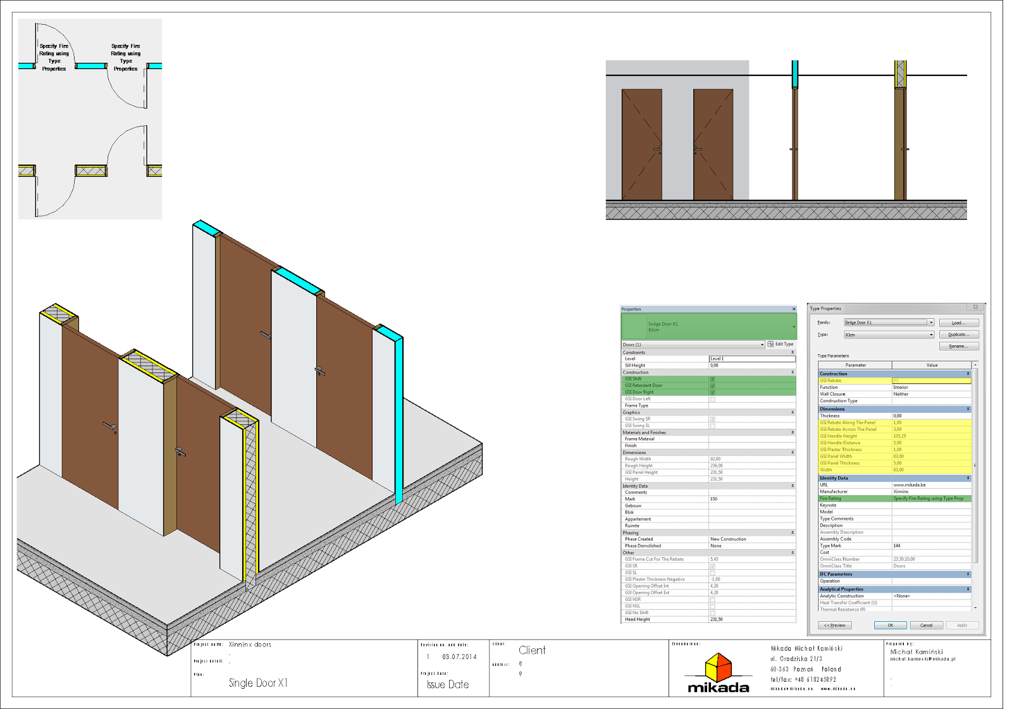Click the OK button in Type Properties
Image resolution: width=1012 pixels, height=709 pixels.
(x=890, y=625)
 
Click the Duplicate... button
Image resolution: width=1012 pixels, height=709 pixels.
(x=958, y=335)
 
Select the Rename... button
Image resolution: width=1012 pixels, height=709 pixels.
(x=958, y=346)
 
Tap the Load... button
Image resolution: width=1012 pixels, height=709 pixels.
(x=958, y=323)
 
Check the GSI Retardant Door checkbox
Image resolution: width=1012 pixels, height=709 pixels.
(x=712, y=386)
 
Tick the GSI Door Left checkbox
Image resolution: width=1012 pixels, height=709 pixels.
(x=712, y=399)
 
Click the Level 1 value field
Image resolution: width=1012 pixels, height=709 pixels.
(x=751, y=359)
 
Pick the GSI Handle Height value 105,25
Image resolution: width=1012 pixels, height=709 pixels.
(x=899, y=436)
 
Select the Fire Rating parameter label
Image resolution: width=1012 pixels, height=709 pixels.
(x=830, y=498)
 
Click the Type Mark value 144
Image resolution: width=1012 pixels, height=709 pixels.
(x=897, y=545)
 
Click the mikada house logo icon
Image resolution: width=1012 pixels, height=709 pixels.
(x=719, y=667)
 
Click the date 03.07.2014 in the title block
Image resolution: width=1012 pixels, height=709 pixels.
(x=459, y=657)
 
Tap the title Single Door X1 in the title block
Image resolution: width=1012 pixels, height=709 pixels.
(x=258, y=683)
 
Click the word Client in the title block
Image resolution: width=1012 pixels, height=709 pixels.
(x=532, y=650)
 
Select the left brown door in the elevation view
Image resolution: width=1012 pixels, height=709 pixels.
(x=642, y=144)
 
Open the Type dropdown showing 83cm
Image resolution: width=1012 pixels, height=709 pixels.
(x=889, y=335)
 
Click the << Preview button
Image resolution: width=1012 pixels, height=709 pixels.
(x=835, y=625)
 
